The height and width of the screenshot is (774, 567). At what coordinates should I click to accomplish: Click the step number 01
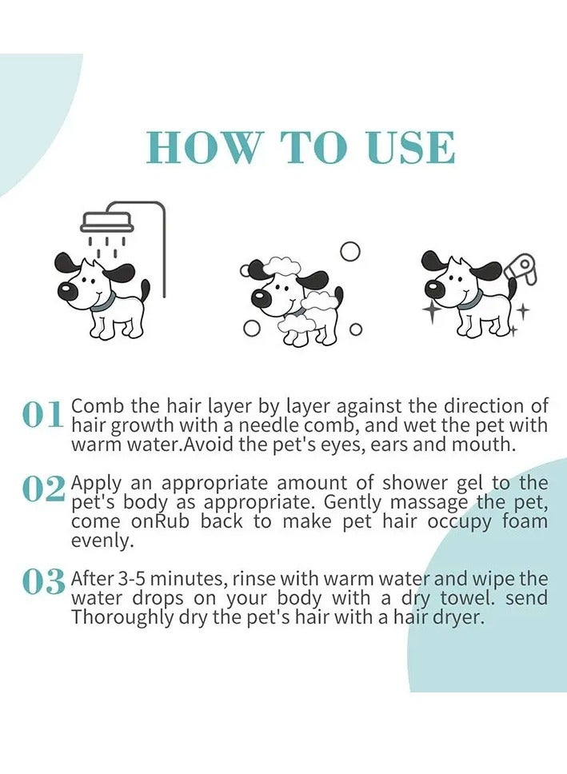coord(42,416)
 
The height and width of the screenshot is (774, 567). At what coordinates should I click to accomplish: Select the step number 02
coord(43,490)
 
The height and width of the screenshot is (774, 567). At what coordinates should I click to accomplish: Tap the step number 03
coord(43,584)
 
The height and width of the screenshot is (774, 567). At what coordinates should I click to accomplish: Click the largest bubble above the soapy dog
coord(349,251)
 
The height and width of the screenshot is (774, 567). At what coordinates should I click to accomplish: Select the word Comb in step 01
coord(94,406)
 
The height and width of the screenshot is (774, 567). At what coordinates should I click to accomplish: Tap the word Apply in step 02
coord(94,483)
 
